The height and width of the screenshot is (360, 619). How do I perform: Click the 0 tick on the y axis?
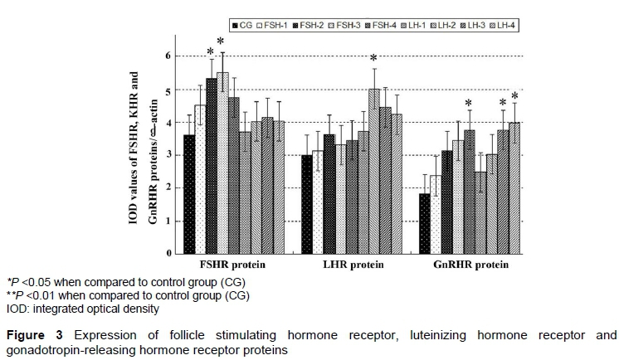pyautogui.click(x=168, y=253)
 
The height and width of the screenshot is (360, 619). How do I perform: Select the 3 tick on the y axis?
pyautogui.click(x=168, y=155)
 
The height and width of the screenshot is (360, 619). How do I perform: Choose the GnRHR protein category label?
pyautogui.click(x=470, y=266)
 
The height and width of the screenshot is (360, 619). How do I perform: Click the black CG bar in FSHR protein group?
pyautogui.click(x=189, y=194)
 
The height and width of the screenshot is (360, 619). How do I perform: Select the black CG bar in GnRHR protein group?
pyautogui.click(x=424, y=223)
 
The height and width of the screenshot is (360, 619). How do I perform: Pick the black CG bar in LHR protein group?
pyautogui.click(x=306, y=204)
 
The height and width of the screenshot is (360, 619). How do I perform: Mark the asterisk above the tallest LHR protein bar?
pyautogui.click(x=373, y=59)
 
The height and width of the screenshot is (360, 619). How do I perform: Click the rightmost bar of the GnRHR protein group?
pyautogui.click(x=514, y=187)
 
